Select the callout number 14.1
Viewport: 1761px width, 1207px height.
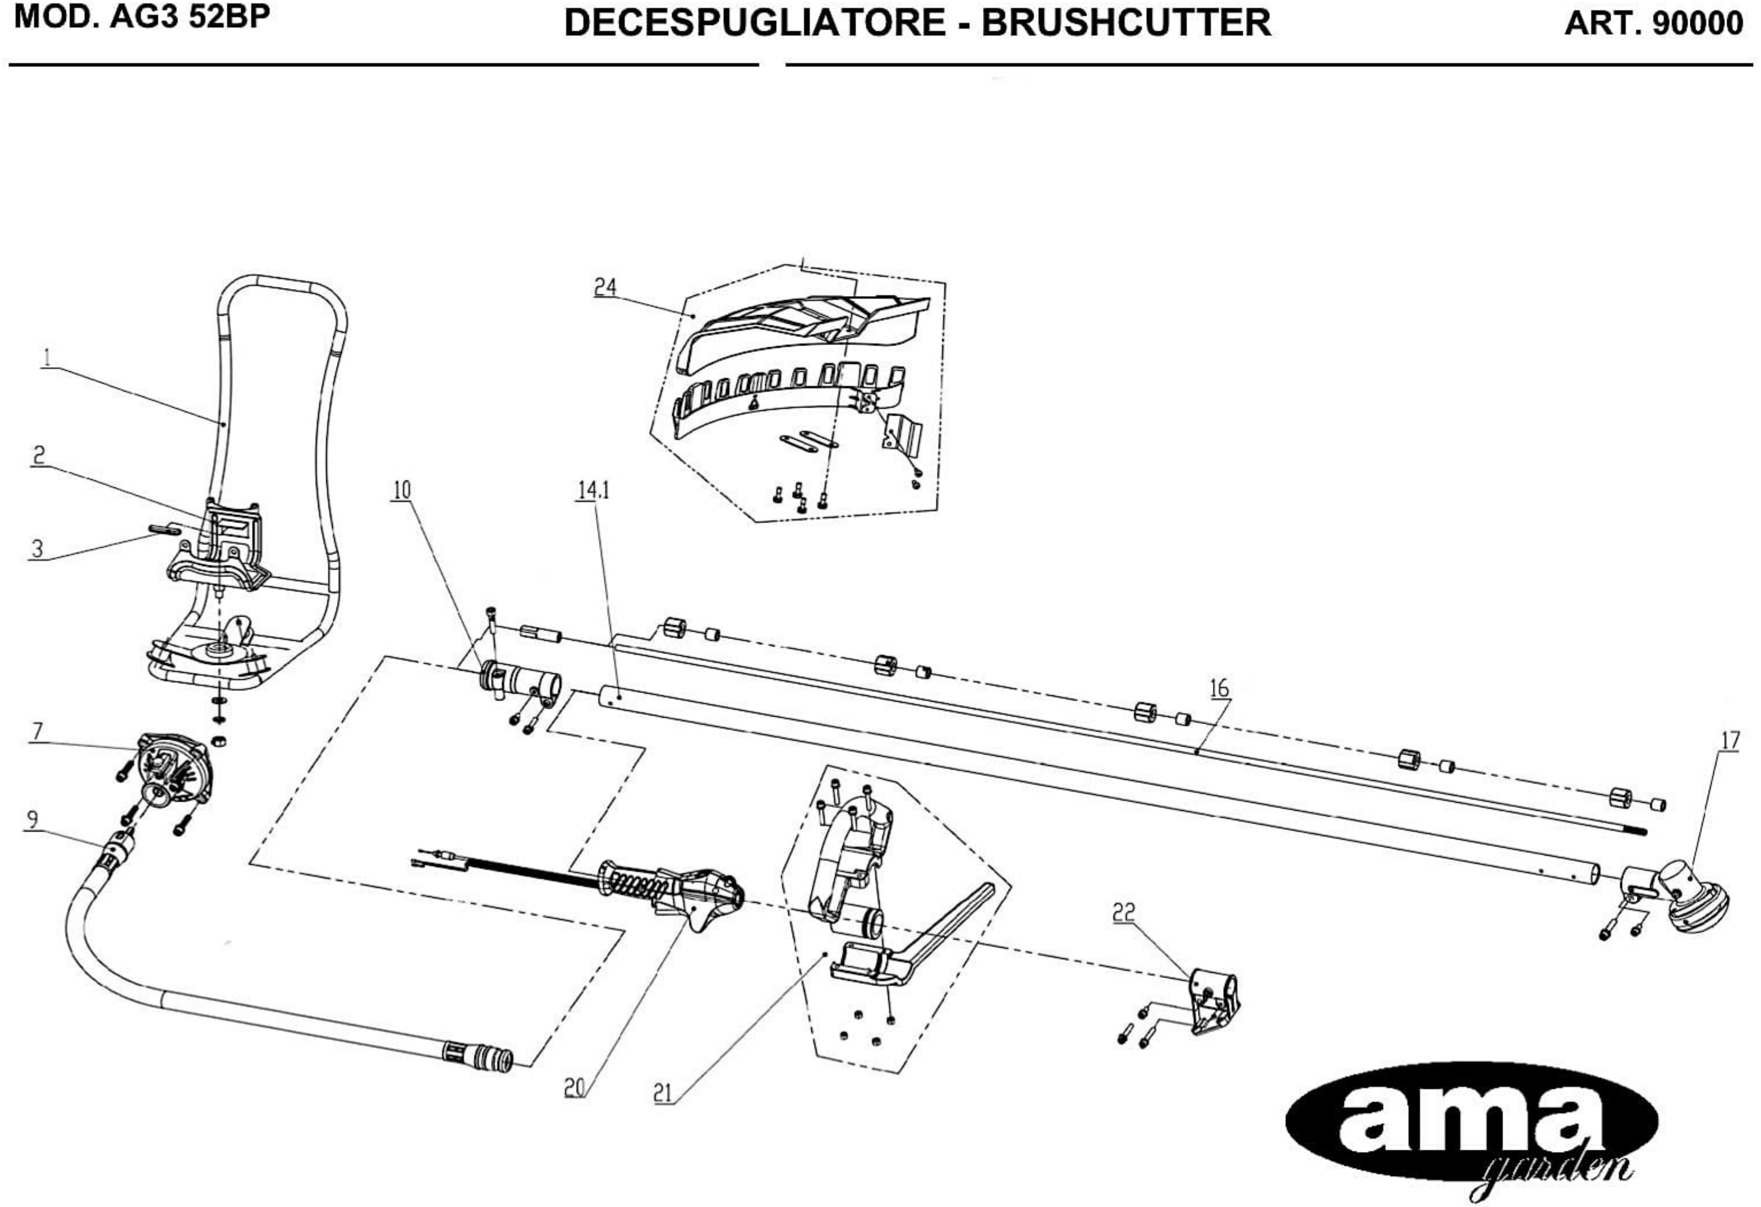coord(594,490)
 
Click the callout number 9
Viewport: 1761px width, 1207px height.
coord(32,819)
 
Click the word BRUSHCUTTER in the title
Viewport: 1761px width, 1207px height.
coord(1126,23)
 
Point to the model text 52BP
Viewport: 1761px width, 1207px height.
coord(230,17)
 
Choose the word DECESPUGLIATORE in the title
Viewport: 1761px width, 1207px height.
coord(755,23)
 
